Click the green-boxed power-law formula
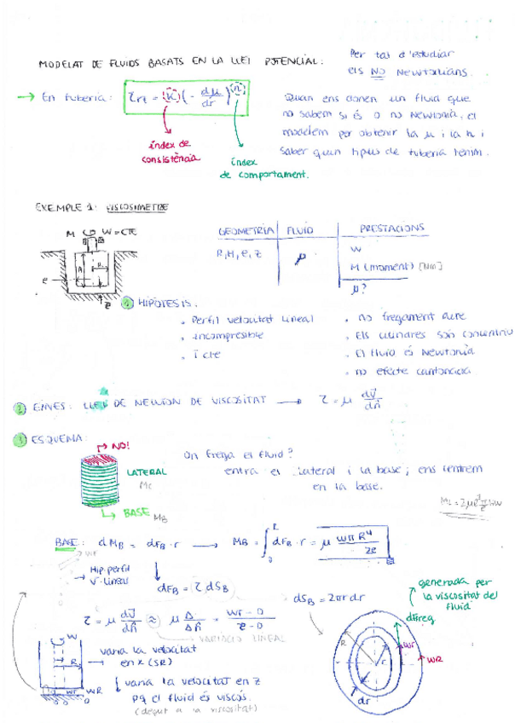[187, 98]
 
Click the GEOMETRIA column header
[246, 231]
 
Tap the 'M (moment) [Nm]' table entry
[396, 266]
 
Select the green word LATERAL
[147, 471]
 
